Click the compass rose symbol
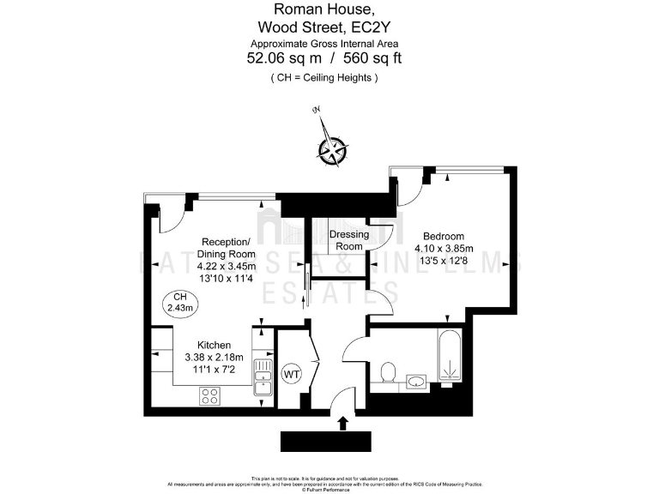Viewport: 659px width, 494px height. point(330,149)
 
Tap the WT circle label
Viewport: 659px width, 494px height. point(292,374)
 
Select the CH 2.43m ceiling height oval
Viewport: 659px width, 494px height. point(181,302)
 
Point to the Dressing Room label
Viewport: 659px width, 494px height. point(349,240)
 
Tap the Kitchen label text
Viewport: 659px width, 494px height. point(215,345)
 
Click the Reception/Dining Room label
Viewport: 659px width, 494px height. point(227,247)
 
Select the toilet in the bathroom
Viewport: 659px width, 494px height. point(388,373)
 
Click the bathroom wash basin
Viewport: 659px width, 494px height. point(416,380)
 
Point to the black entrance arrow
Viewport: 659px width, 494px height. point(344,423)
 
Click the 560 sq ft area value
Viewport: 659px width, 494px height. point(372,58)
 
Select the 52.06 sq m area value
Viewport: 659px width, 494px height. point(283,58)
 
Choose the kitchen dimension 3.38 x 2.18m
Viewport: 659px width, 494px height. point(215,357)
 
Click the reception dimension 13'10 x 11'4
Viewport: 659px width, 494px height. point(227,277)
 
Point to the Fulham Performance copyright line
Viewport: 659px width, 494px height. point(329,489)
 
